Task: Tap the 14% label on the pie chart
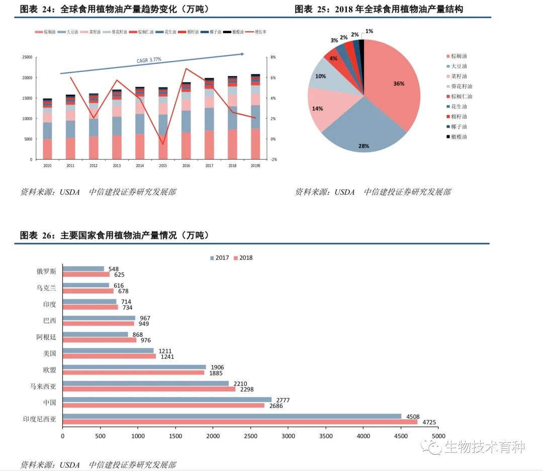(x=318, y=108)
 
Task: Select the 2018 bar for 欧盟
(x=134, y=373)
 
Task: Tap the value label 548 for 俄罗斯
(x=114, y=269)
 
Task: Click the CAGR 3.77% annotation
(x=149, y=60)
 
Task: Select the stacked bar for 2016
(x=186, y=121)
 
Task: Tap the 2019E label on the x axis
(x=255, y=165)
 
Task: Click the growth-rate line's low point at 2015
(x=162, y=144)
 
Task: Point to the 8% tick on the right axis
(x=273, y=57)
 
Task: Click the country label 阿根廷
(x=46, y=337)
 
